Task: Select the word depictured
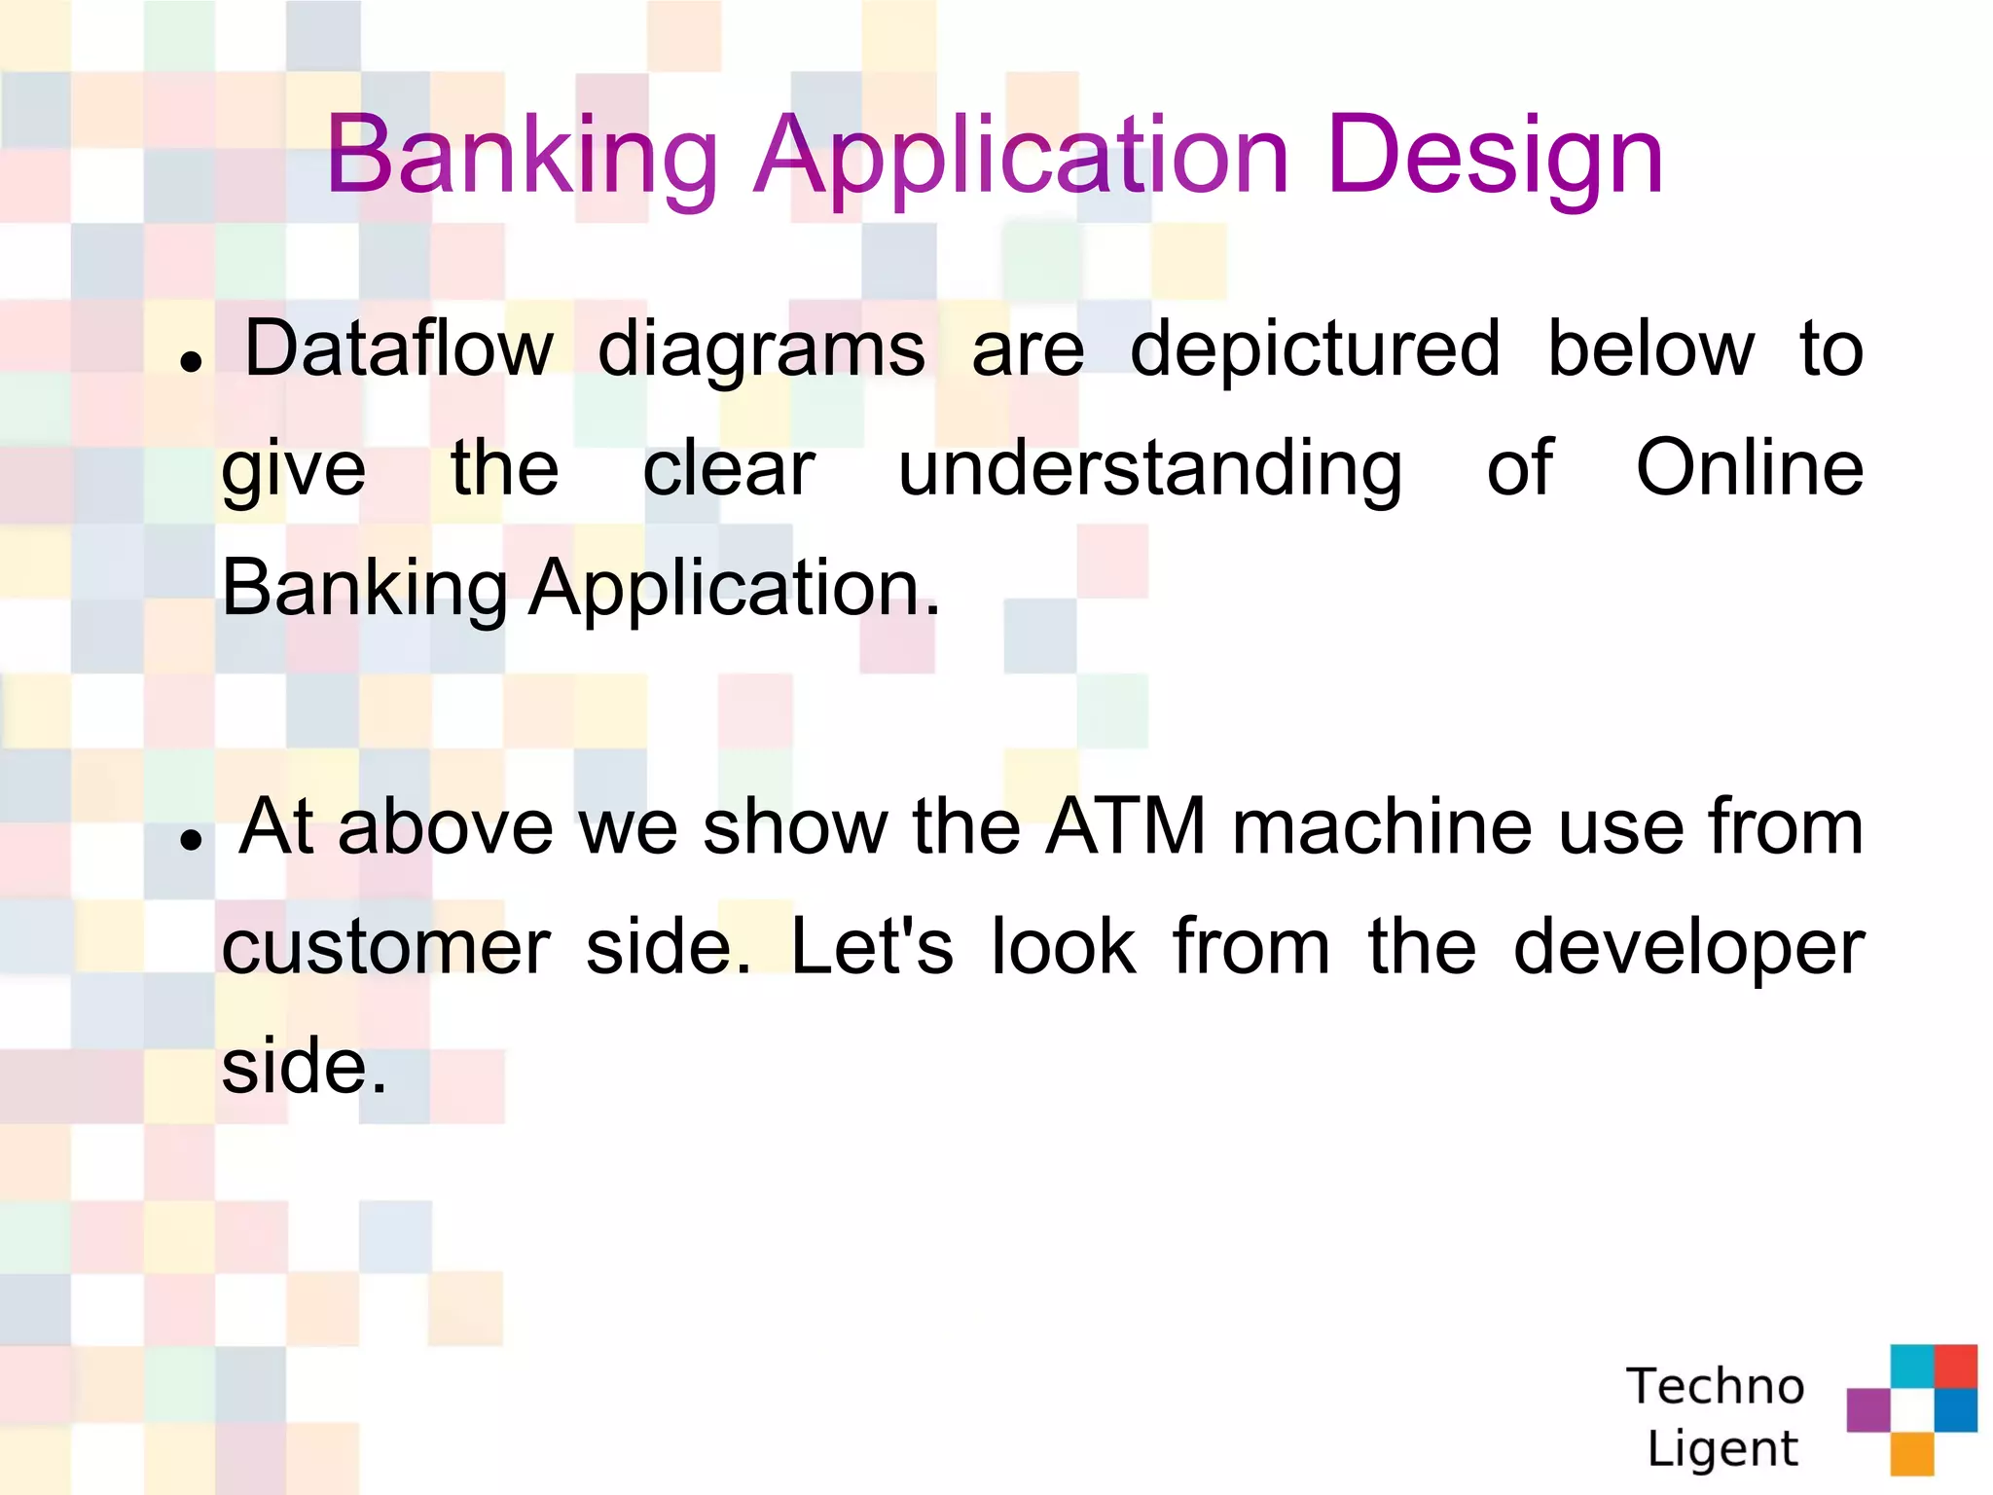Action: pos(1315,350)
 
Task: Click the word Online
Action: pos(1749,468)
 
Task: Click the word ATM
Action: pos(1126,826)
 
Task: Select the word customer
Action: pos(385,948)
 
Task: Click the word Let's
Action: pos(871,946)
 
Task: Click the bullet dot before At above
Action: pos(192,840)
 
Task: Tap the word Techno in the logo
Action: pos(1715,1386)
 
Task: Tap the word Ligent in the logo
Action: pos(1722,1448)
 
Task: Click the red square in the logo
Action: pos(1956,1366)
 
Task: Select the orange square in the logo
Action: pos(1912,1454)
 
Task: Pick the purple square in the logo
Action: pos(1868,1409)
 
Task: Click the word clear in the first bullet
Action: pos(729,470)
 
